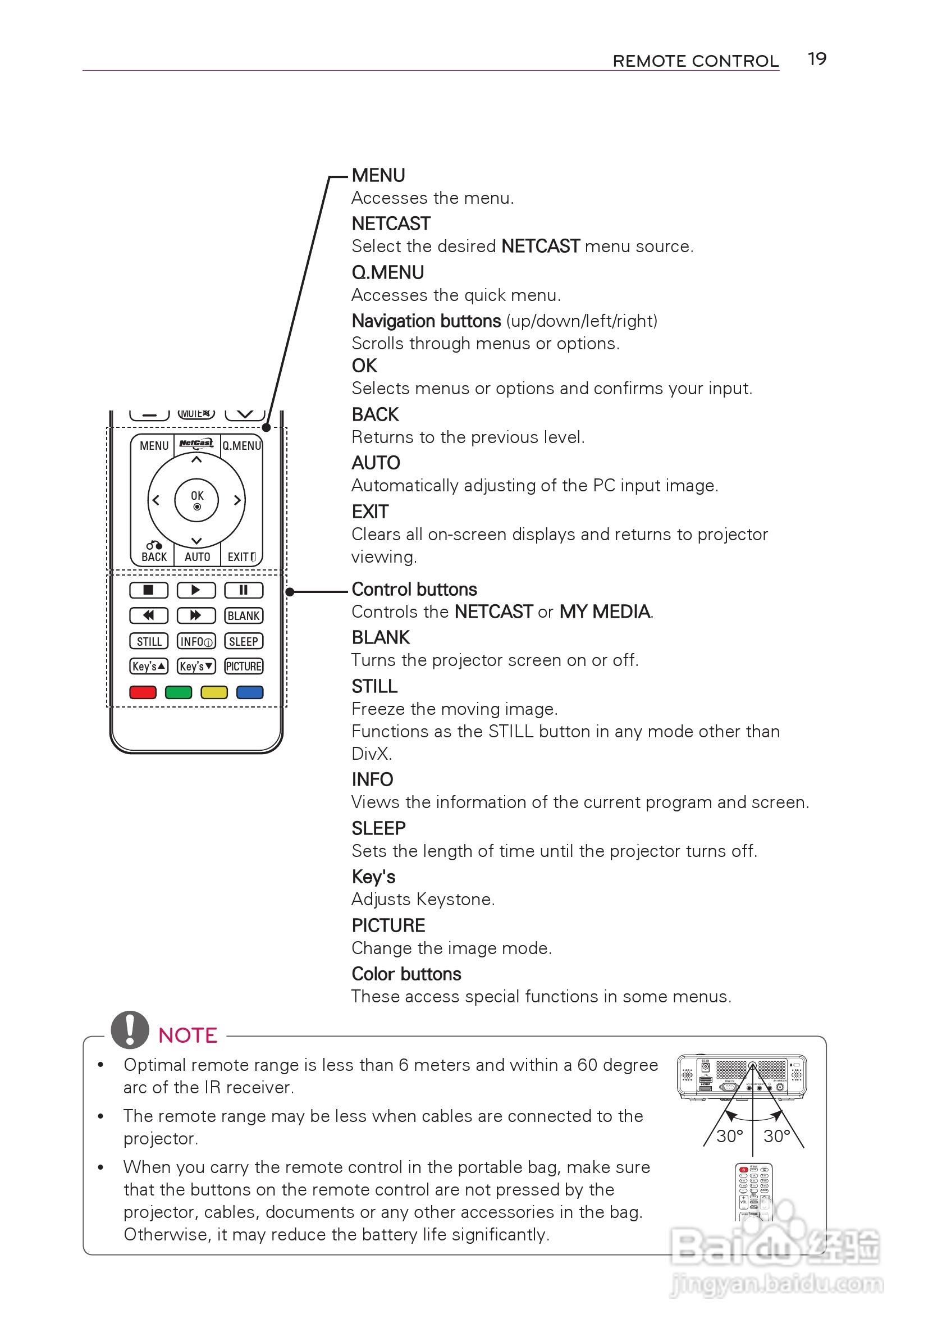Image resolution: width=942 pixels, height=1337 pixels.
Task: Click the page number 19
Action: (x=816, y=59)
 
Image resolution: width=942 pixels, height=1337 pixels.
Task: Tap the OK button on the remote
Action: (x=197, y=500)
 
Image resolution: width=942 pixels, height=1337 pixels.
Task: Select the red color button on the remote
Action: (x=143, y=692)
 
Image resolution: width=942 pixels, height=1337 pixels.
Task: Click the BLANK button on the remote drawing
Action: (x=244, y=615)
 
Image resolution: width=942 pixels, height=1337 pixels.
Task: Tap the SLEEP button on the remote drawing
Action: (x=244, y=641)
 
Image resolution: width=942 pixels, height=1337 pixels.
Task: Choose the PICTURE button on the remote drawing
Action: (x=244, y=666)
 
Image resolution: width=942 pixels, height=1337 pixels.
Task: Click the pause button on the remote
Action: (x=244, y=590)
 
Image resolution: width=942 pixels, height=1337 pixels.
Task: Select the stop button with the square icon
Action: (x=148, y=590)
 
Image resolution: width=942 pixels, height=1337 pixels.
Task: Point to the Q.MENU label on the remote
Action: (x=241, y=445)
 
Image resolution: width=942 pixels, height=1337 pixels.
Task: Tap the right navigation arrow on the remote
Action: (x=237, y=500)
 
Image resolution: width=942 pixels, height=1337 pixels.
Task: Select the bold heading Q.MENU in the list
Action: (x=387, y=272)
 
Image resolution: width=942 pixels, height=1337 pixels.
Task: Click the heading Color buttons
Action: (x=406, y=974)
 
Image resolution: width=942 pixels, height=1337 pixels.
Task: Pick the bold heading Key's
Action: (x=373, y=877)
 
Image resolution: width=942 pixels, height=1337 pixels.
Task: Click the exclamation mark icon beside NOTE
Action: (x=130, y=1029)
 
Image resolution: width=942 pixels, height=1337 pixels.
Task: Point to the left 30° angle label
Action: (x=729, y=1135)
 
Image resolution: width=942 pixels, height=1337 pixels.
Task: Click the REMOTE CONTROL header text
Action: (x=695, y=61)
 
